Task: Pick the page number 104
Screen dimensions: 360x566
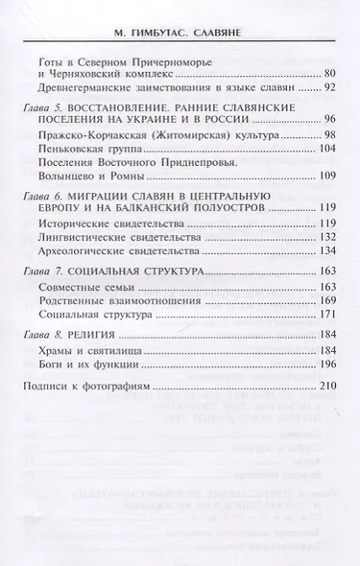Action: pos(324,150)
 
